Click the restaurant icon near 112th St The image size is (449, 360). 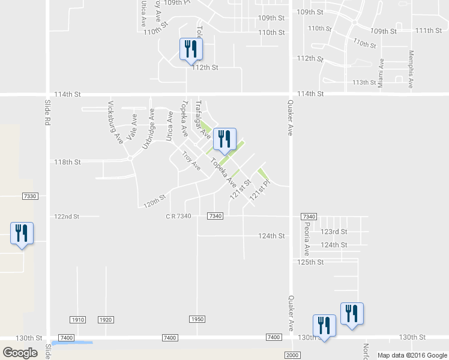(x=191, y=49)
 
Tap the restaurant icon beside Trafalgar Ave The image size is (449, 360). (x=225, y=139)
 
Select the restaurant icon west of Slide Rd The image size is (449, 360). (x=22, y=233)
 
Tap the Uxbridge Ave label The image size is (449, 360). (x=149, y=129)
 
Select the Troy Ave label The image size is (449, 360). (x=191, y=161)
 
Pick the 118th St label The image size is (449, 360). (x=67, y=162)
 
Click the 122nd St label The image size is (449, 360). (x=67, y=217)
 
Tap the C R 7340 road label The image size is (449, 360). (x=178, y=216)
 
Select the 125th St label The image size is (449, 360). (x=310, y=262)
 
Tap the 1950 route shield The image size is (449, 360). (x=198, y=319)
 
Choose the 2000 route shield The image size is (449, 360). (x=292, y=356)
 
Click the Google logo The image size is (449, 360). (x=20, y=352)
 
